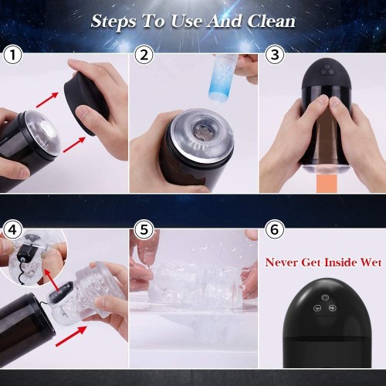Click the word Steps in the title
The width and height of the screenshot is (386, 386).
pos(113,22)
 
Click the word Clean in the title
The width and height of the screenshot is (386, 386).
pos(271,21)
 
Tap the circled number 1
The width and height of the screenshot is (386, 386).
pos(13,55)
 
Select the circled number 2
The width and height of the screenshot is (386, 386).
pos(144,55)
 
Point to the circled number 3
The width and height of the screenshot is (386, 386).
pos(275,55)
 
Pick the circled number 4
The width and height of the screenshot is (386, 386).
pos(13,229)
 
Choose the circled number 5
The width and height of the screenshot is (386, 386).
pos(144,229)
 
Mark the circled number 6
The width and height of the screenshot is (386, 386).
pos(275,229)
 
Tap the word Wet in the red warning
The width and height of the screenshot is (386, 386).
pos(371,262)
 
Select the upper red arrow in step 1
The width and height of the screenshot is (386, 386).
pos(48,100)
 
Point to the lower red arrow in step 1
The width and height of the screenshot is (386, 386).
pos(74,144)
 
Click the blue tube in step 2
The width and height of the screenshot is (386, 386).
pos(223,79)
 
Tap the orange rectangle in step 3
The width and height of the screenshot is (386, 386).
pos(327,183)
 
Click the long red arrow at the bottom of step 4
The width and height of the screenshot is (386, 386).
pos(71,336)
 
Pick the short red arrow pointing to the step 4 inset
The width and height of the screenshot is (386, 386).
pos(52,280)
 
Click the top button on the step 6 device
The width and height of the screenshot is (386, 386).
pos(325,298)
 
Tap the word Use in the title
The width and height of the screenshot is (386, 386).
pos(188,21)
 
